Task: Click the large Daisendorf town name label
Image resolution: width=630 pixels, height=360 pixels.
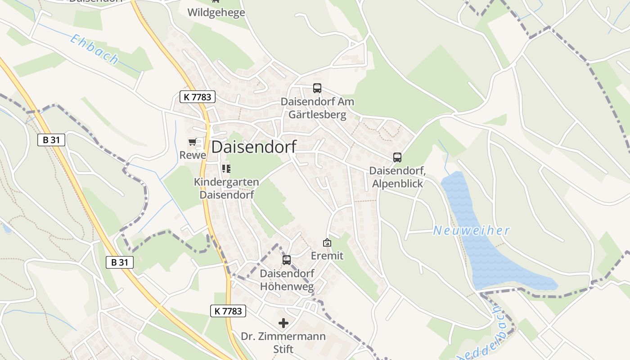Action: (254, 147)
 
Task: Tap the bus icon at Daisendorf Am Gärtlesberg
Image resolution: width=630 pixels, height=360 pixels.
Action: (317, 88)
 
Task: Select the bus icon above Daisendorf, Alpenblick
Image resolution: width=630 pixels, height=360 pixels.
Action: (397, 157)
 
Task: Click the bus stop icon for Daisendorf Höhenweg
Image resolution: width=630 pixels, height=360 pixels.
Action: (287, 260)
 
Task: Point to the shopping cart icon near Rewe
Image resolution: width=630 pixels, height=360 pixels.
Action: (193, 142)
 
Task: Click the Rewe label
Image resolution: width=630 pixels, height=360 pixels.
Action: (193, 155)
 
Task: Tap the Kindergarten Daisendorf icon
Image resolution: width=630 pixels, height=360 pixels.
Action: (226, 169)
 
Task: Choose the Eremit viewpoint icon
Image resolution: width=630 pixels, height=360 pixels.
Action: (327, 243)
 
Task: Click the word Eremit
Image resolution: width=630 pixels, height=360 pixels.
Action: (327, 256)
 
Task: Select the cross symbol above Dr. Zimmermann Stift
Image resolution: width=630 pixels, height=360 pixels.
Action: (283, 323)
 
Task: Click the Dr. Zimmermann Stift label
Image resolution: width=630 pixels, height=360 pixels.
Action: (283, 342)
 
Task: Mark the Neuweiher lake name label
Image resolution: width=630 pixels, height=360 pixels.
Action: (471, 231)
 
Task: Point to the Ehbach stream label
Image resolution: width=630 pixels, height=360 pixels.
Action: (94, 49)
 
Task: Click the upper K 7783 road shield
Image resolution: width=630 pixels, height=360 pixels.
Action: (198, 97)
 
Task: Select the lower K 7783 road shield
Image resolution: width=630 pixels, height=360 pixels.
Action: (228, 310)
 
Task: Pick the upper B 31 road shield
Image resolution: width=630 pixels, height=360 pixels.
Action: (51, 140)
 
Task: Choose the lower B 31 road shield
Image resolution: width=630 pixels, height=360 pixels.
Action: (120, 262)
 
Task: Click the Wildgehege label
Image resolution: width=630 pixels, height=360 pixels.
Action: (216, 12)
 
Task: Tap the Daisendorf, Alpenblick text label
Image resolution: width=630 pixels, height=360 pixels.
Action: (397, 177)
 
